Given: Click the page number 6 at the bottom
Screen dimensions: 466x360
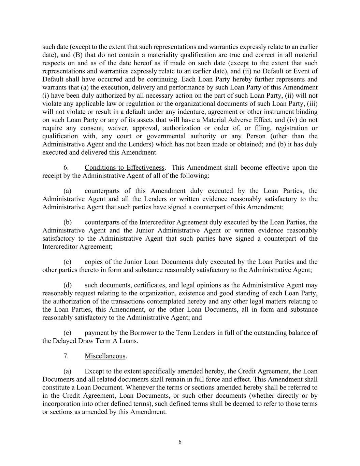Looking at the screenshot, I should pos(180,442).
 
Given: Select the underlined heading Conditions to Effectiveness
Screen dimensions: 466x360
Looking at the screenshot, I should pos(125,168).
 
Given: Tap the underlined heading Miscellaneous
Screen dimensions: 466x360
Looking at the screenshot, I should pos(105,356).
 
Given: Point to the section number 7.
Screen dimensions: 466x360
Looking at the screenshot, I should pos(66,356).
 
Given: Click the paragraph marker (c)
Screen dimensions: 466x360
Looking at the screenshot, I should pos(67,262).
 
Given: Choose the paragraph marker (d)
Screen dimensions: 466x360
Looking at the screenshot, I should pos(67,285).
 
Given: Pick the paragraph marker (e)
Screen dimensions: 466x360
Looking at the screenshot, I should pos(67,333).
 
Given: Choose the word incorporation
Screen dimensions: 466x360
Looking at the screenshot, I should pos(62,404).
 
